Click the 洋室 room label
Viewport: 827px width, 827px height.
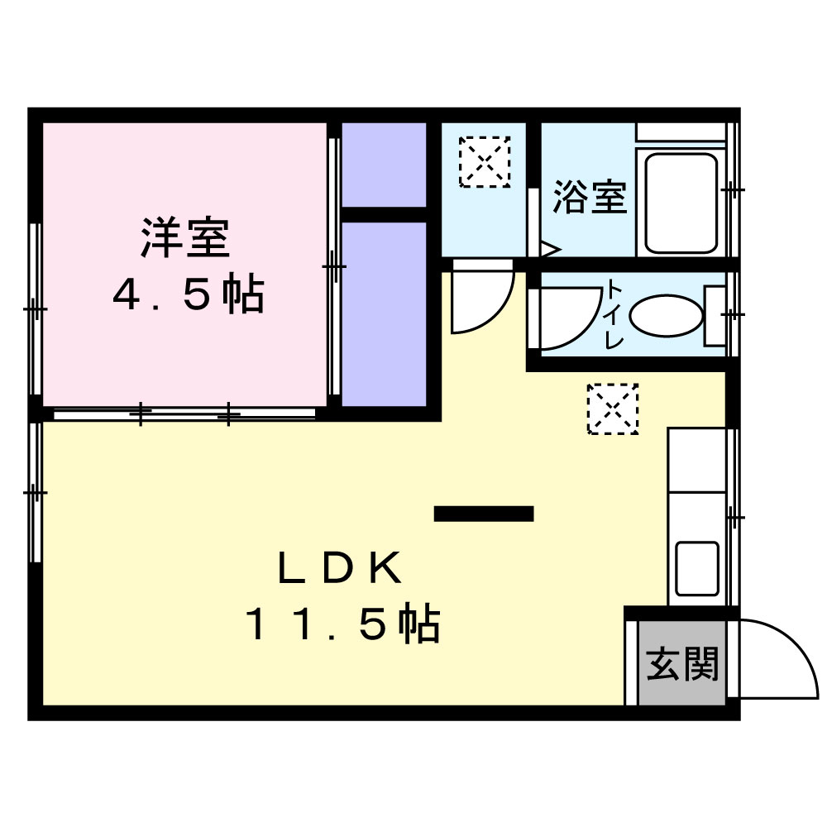coord(184,238)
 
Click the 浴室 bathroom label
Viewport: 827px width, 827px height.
coord(590,198)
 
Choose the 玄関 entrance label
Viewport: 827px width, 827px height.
coord(682,664)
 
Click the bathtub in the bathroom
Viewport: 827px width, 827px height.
coord(681,203)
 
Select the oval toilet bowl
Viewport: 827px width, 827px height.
coord(667,316)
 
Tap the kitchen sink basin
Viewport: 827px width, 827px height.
coord(696,567)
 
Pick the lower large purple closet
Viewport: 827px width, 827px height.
coord(384,314)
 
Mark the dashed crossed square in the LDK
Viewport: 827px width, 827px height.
coord(613,409)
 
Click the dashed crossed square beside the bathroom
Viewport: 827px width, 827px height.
coord(485,162)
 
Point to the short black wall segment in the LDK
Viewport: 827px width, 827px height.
coord(484,514)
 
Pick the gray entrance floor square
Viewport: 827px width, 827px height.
coord(682,664)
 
